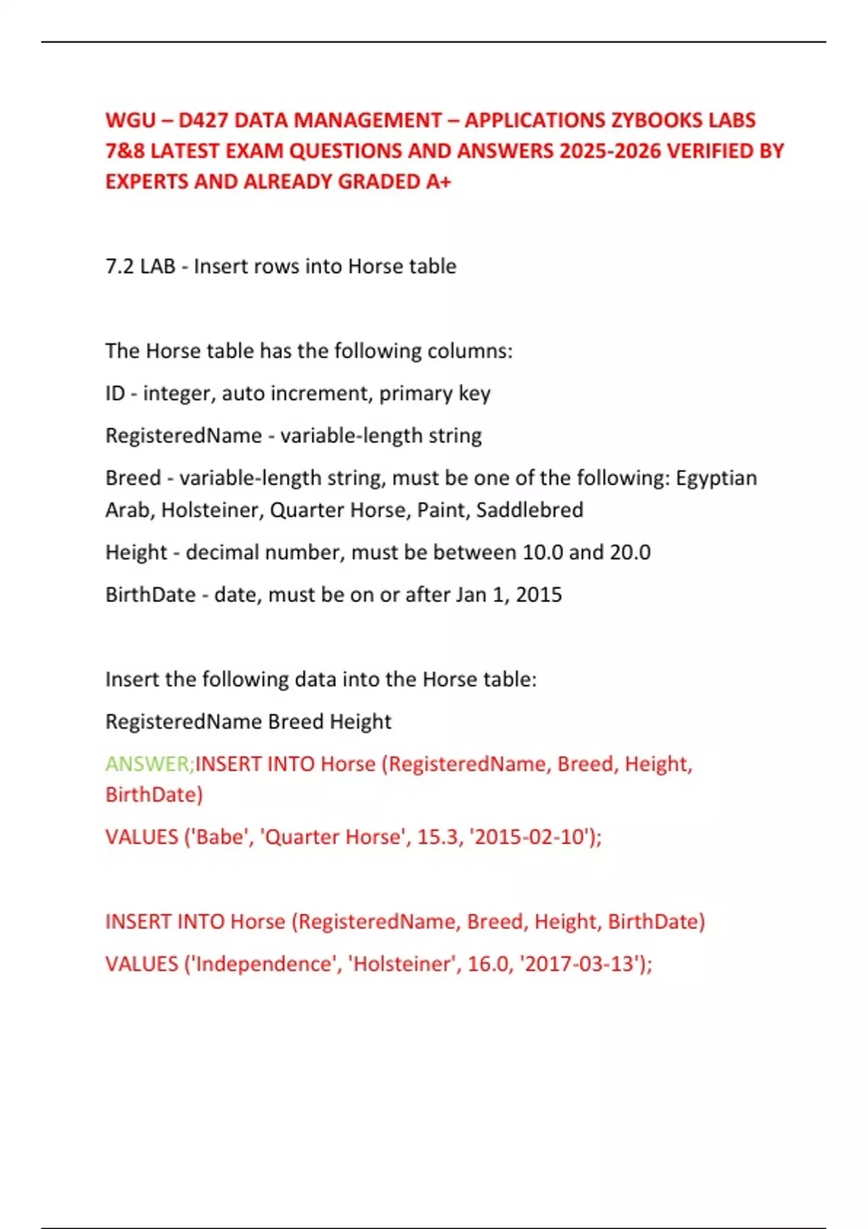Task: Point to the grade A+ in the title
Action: click(x=438, y=181)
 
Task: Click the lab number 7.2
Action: click(x=120, y=266)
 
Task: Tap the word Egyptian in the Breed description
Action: click(x=716, y=478)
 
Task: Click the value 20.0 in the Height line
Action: click(x=630, y=552)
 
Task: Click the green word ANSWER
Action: click(x=147, y=763)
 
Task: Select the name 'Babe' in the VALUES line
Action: click(x=216, y=836)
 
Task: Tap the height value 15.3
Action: click(x=438, y=836)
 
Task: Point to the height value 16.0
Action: click(x=488, y=964)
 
